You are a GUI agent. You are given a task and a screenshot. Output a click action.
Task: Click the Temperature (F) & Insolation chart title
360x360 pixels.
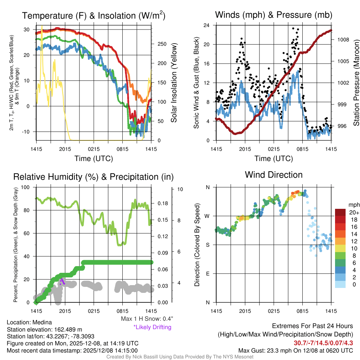click(x=94, y=15)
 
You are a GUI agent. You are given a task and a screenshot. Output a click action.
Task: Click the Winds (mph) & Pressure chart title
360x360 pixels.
click(x=274, y=15)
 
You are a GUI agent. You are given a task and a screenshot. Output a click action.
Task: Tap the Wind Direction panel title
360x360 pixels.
click(x=274, y=175)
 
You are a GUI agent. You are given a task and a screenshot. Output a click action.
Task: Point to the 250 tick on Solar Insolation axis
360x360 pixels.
click(x=161, y=44)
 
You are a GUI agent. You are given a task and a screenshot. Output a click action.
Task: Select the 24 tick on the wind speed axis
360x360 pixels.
click(x=207, y=25)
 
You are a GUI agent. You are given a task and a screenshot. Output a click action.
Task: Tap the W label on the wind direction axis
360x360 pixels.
click(x=207, y=216)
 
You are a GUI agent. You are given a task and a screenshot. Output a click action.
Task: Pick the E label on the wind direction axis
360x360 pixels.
click(x=208, y=274)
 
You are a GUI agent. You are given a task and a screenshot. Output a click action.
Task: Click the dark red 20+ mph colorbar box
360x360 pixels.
click(x=341, y=212)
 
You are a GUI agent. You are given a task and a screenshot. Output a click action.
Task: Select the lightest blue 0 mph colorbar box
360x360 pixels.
click(x=341, y=284)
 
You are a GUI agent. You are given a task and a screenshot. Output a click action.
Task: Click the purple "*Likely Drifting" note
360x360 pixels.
click(x=152, y=327)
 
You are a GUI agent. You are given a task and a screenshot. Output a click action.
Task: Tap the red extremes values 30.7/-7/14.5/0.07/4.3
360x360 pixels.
click(x=323, y=342)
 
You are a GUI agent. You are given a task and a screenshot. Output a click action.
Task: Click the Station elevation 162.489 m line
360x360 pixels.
click(x=44, y=329)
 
